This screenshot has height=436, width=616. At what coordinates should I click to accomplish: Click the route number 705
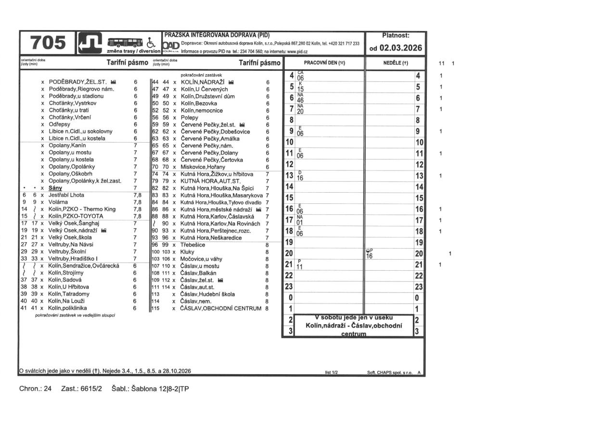pos(48,43)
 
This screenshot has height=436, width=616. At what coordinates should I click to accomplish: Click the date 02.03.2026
pos(395,48)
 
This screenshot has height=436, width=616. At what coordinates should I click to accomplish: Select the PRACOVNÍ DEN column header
pos(325,63)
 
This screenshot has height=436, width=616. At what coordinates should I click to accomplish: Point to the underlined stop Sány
pos(55,188)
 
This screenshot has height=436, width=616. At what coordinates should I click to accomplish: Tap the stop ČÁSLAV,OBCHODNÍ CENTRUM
pos(221,308)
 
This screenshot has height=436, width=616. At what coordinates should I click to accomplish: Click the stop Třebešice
pos(193,245)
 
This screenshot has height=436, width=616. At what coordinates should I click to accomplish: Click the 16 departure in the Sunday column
pos(370,256)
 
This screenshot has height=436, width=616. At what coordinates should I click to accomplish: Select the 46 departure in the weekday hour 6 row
pos(300,100)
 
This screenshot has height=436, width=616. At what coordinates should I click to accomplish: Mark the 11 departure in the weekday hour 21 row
pos(299,267)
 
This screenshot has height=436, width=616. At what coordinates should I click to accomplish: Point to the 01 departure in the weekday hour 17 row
pos(300,223)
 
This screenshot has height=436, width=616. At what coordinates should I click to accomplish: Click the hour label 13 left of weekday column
pos(289,175)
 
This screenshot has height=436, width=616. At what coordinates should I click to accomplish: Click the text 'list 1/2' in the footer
pos(331,372)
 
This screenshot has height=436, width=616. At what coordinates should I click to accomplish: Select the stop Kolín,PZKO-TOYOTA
pos(76,216)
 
